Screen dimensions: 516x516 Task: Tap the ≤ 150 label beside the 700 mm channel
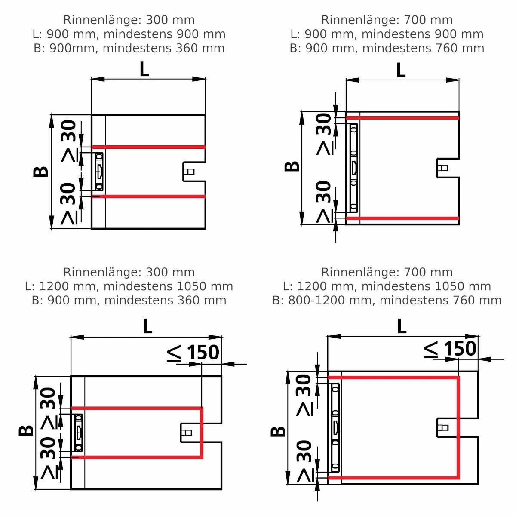pos(450,349)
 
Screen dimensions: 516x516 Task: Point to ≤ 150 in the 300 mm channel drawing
pos(193,353)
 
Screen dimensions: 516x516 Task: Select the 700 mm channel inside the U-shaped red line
pos(335,427)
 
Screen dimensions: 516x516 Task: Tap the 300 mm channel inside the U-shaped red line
pos(78,433)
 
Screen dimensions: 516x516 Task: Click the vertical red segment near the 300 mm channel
pos(201,433)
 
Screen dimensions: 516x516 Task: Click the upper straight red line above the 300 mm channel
pos(148,147)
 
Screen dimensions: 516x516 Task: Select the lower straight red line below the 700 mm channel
pos(402,218)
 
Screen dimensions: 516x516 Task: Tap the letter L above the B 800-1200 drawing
pos(402,327)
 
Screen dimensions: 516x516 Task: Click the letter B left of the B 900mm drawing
pos(41,172)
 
